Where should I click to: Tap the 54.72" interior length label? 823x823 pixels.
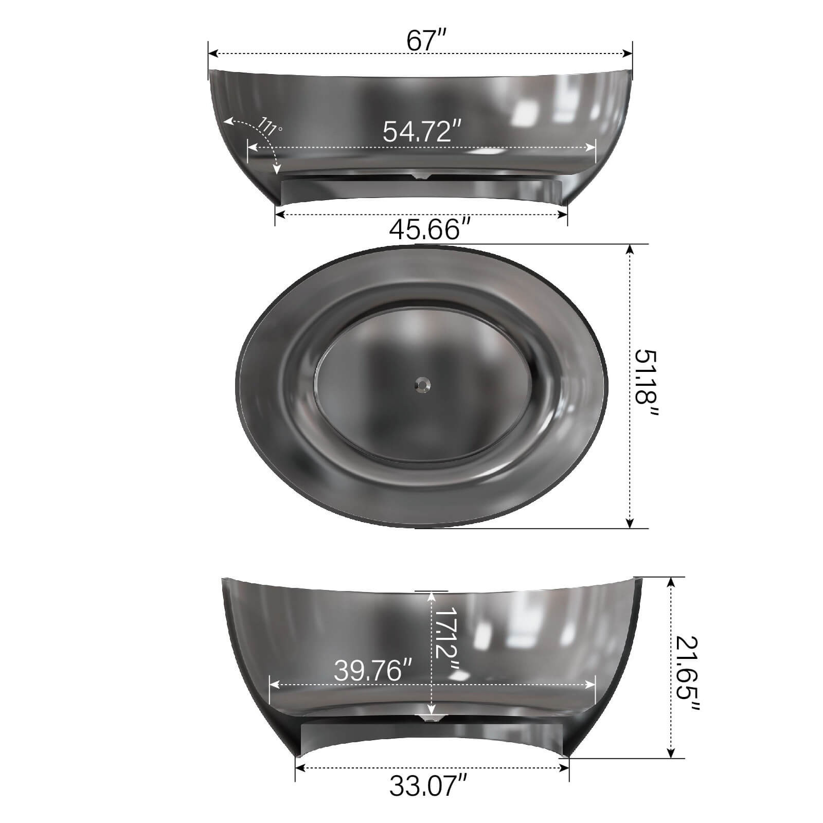tap(421, 132)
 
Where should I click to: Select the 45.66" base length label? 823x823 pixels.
tap(430, 229)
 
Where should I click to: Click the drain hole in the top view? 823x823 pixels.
tap(423, 383)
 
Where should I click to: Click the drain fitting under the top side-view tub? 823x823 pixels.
tap(422, 177)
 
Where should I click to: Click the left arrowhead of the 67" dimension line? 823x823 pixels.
tap(212, 53)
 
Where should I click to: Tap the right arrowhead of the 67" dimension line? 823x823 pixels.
tap(628, 53)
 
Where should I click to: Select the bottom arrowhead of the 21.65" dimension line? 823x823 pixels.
tap(671, 753)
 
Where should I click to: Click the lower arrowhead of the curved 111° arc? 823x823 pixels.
tap(277, 170)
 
